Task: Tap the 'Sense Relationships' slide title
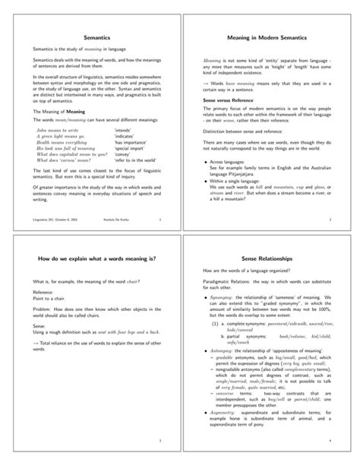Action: pyautogui.click(x=270, y=259)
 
